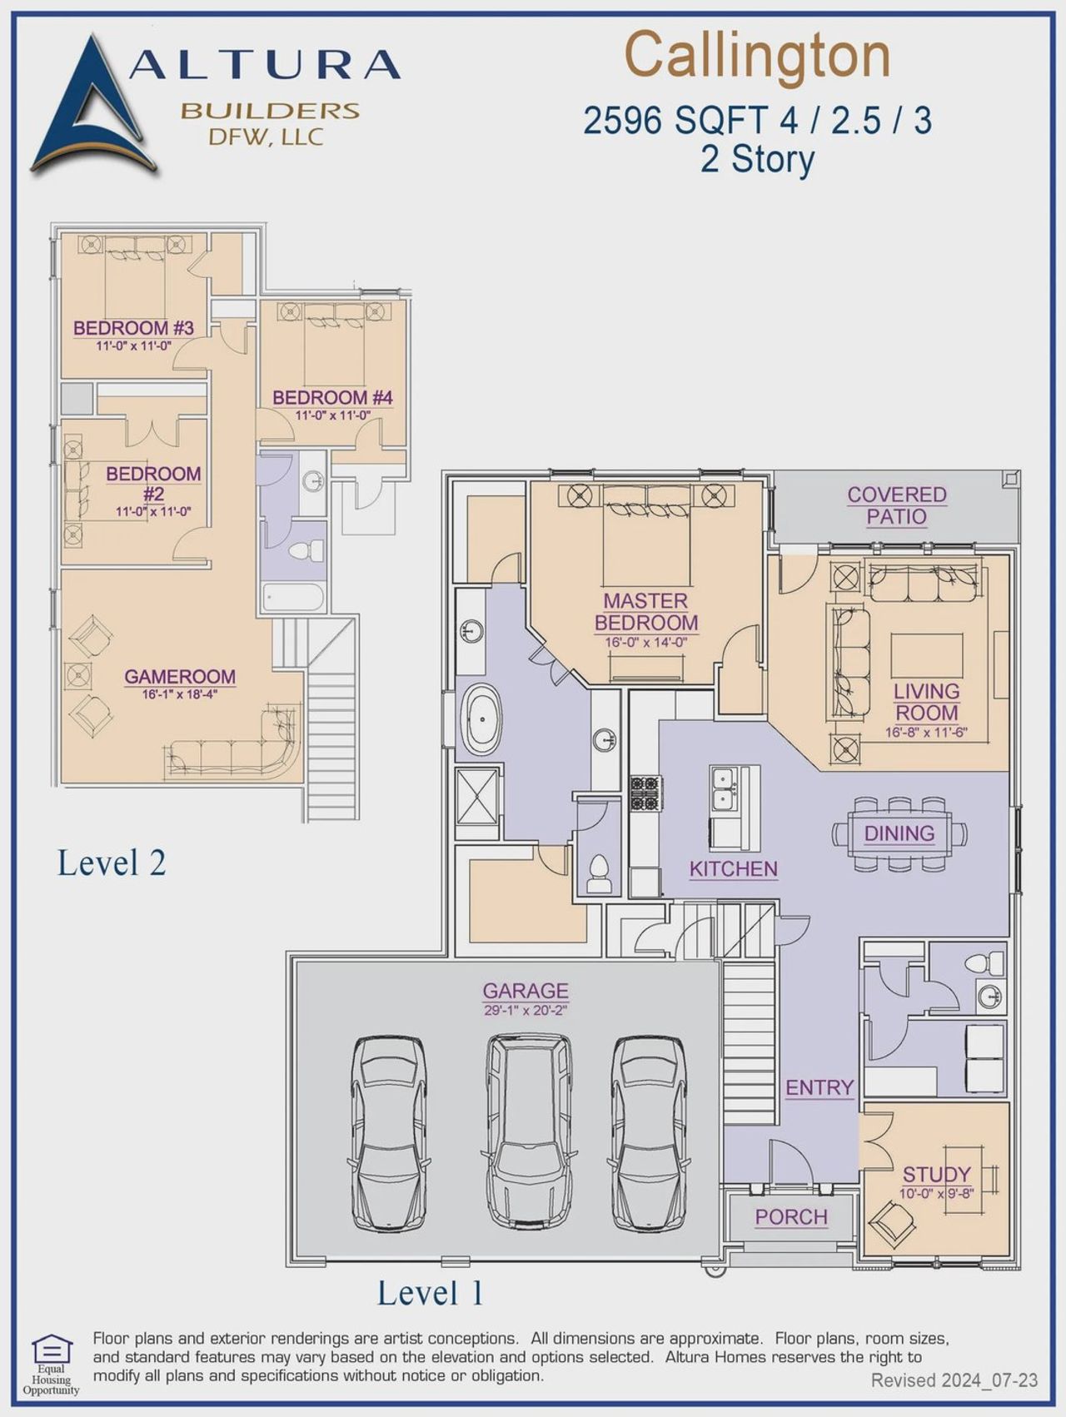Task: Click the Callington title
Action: click(757, 56)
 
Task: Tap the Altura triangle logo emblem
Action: click(90, 108)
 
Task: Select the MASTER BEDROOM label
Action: click(645, 611)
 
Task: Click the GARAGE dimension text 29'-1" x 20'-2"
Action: click(526, 1011)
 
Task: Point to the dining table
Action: click(899, 833)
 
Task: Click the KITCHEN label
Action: click(733, 868)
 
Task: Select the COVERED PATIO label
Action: click(896, 505)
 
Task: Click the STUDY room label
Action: click(936, 1174)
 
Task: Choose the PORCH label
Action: click(790, 1216)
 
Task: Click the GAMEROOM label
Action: click(180, 676)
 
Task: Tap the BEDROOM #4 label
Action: click(332, 397)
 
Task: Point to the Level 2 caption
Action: click(112, 863)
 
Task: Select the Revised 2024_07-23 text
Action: click(954, 1380)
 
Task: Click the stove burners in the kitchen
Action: click(645, 793)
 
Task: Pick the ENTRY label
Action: click(819, 1087)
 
